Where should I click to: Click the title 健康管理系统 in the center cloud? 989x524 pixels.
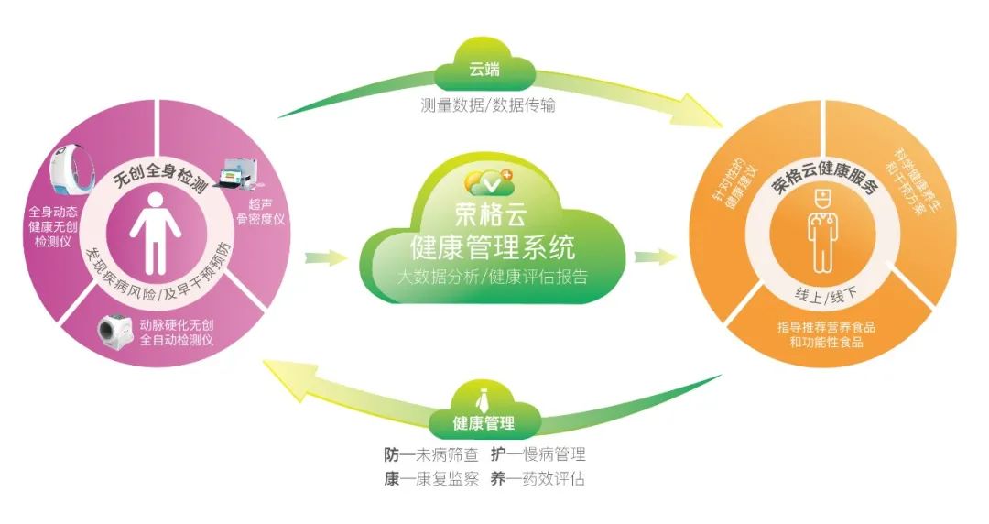tap(493, 246)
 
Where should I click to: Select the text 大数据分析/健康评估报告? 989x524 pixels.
tap(492, 276)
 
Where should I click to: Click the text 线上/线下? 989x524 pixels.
tap(821, 294)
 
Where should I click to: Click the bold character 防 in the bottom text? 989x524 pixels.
tap(391, 454)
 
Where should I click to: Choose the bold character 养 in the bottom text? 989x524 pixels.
tap(499, 479)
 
